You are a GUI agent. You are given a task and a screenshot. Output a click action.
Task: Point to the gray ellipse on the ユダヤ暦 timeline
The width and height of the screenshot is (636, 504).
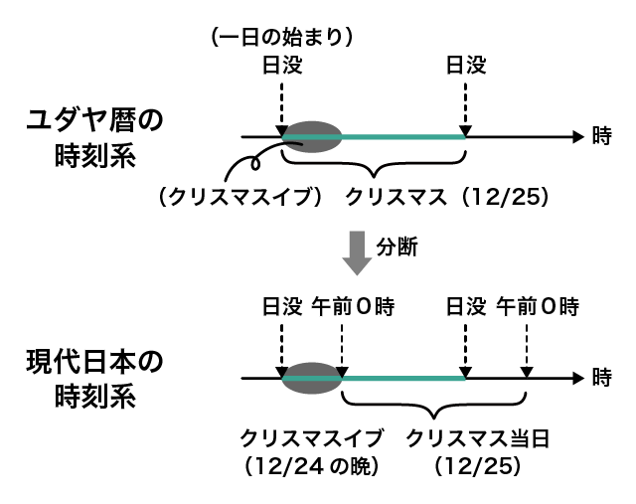310,137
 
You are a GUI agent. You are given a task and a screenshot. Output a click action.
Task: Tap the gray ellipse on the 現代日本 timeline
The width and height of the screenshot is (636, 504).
310,378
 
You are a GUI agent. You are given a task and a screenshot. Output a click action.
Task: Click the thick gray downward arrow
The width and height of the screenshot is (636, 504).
354,254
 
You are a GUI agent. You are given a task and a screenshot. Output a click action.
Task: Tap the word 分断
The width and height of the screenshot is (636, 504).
398,249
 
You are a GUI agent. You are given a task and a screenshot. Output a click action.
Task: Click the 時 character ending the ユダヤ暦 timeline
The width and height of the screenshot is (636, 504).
601,137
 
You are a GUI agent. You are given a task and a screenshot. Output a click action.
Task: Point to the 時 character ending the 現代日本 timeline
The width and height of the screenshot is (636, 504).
601,378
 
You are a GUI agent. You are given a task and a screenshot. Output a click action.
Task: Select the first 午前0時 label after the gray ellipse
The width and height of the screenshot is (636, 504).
354,306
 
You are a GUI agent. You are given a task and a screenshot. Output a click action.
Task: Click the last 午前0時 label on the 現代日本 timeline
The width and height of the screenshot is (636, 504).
537,306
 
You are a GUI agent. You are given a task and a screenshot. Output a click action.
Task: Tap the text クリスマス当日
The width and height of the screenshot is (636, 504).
478,436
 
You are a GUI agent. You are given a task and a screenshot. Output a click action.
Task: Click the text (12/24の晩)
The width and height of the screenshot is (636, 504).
310,463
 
